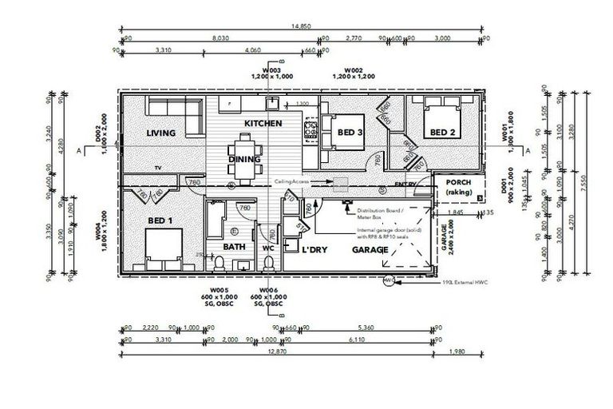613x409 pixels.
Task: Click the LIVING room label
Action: [160, 133]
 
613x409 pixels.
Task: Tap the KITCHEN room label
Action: [263, 124]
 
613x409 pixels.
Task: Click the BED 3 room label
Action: [350, 132]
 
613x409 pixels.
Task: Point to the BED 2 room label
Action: [443, 132]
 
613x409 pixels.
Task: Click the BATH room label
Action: [234, 247]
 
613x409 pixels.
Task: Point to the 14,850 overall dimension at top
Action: [302, 26]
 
